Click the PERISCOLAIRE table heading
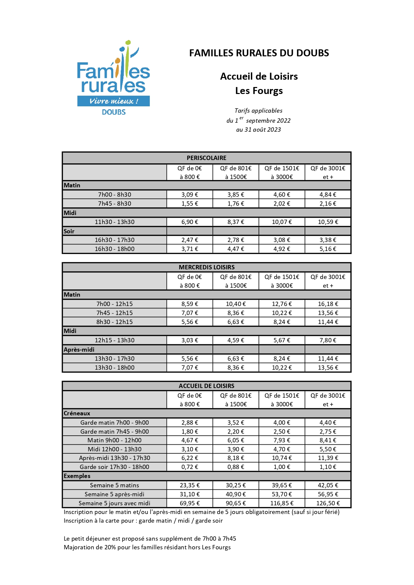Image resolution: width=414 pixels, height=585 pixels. click(x=206, y=158)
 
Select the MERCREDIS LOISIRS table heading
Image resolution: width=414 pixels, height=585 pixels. click(x=206, y=267)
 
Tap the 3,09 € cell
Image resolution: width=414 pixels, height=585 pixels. click(x=189, y=195)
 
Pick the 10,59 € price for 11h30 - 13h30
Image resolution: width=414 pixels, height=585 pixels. click(x=328, y=222)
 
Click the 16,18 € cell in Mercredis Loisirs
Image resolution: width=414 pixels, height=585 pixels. click(x=328, y=304)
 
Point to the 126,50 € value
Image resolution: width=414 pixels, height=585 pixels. click(x=328, y=503)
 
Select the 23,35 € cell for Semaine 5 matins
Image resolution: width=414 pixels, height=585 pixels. click(x=189, y=485)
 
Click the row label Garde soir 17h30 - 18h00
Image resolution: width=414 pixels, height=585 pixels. click(x=114, y=467)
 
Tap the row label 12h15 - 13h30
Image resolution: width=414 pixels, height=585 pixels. click(x=114, y=340)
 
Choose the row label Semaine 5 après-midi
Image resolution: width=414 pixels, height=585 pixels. click(x=114, y=494)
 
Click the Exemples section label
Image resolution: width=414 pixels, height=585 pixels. click(x=77, y=476)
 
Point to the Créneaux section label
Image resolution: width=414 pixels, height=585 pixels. click(x=77, y=413)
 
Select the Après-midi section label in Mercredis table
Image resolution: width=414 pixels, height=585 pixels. click(x=79, y=350)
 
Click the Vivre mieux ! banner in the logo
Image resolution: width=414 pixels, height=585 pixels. click(x=113, y=101)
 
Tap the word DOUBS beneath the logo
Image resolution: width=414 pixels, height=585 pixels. click(x=114, y=112)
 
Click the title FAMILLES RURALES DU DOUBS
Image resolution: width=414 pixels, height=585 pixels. click(x=259, y=53)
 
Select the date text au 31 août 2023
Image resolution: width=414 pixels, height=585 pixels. click(x=259, y=130)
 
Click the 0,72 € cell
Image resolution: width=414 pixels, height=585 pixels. click(x=189, y=467)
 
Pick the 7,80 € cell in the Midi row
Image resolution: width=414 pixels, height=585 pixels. click(x=328, y=340)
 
